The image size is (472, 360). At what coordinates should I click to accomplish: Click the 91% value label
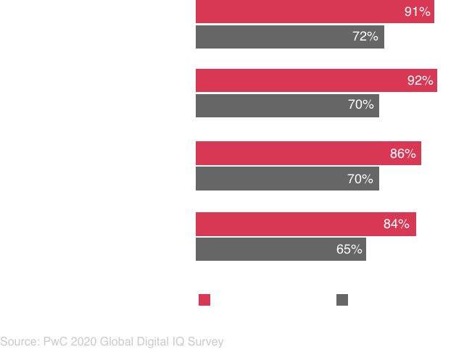point(418,12)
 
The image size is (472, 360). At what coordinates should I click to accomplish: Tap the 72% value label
point(365,36)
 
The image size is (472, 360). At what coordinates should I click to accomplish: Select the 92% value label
point(420,80)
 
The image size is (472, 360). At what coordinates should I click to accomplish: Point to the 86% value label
point(403,154)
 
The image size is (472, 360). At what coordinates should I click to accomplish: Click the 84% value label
point(397,225)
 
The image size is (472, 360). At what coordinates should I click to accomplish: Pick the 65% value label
point(349,249)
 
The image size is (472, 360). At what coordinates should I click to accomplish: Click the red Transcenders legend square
point(204,301)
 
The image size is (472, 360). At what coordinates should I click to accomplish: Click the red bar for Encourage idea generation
point(315,12)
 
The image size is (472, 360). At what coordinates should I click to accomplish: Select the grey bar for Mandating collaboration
point(281,249)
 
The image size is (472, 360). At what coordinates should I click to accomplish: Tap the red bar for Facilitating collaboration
point(308,154)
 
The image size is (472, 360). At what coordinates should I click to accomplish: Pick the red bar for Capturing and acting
point(316,80)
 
